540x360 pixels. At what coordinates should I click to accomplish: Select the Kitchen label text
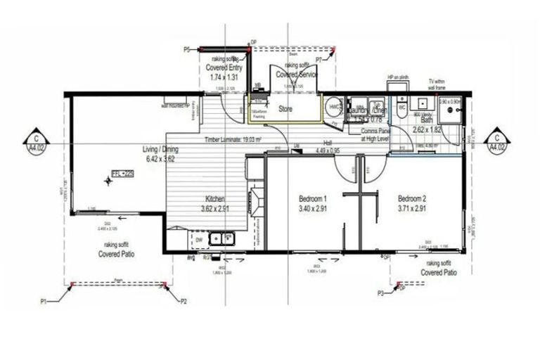tap(214, 199)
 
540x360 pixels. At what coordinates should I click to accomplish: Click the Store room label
tap(285, 109)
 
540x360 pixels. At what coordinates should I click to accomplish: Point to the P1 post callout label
tap(44, 301)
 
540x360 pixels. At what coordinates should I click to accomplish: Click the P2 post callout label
tap(184, 301)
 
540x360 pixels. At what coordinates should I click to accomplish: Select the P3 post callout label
tap(380, 292)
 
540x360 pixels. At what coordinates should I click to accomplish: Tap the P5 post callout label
tap(186, 50)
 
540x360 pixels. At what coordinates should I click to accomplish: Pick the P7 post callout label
tap(319, 61)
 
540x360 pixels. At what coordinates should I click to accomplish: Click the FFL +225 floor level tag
tap(122, 172)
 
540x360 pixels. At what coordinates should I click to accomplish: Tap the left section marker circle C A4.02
tap(35, 141)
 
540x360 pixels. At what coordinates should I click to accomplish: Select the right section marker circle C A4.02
tap(497, 141)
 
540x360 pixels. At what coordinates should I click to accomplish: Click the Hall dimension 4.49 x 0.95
tap(328, 150)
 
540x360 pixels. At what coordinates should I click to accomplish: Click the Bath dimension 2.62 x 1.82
tap(427, 130)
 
